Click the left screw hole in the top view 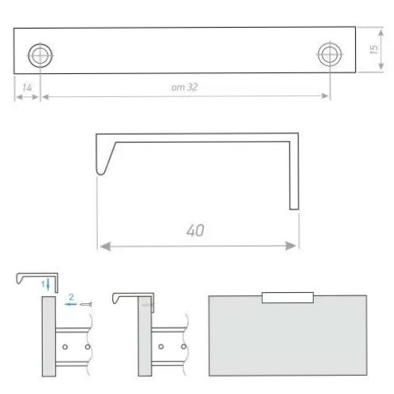point(40,56)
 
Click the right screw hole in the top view point(330,54)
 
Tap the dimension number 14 point(27,88)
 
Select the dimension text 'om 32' point(185,87)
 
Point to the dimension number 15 point(373,49)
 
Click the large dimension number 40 point(195,230)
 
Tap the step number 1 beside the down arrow point(43,284)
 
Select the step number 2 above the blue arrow point(71,297)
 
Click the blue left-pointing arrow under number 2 point(71,304)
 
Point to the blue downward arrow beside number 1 point(48,285)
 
